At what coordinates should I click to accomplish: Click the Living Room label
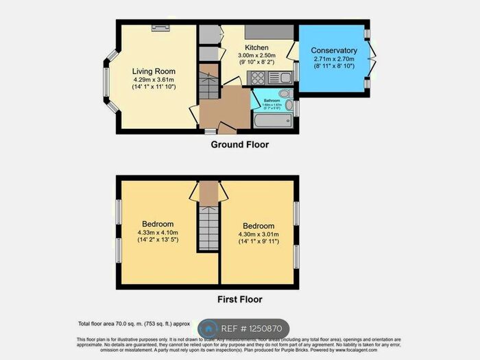click(x=154, y=71)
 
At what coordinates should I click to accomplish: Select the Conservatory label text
click(x=334, y=51)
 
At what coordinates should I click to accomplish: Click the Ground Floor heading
click(x=239, y=145)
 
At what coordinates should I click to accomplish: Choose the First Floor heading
click(x=239, y=299)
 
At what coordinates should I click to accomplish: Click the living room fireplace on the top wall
click(x=161, y=27)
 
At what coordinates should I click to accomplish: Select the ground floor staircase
click(x=207, y=82)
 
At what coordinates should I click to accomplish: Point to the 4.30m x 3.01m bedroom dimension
click(x=258, y=235)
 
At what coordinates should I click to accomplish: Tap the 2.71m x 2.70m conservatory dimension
click(x=334, y=60)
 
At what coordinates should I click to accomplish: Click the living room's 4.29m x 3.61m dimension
click(x=154, y=80)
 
